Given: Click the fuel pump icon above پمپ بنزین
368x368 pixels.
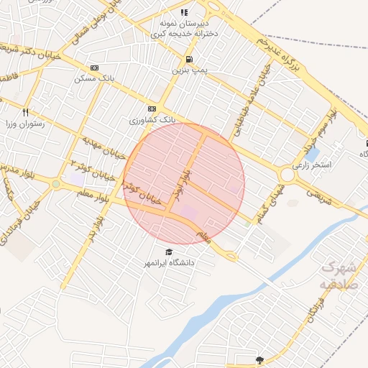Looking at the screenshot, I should pos(188,60).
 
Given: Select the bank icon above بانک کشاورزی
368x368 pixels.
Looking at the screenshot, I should pos(151,109).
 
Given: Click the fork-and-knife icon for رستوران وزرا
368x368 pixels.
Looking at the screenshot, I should pos(27,112).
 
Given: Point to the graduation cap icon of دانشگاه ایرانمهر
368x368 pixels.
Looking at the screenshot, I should pos(168,252).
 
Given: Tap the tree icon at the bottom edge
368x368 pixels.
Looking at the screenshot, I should pos(259,359).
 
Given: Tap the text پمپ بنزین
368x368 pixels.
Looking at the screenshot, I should pos(188,71).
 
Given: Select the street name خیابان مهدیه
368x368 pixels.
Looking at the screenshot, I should pos(103,146).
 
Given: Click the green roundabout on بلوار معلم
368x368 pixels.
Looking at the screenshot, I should pos(56,184).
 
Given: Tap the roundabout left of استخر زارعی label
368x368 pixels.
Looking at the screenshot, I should pos(287,174).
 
